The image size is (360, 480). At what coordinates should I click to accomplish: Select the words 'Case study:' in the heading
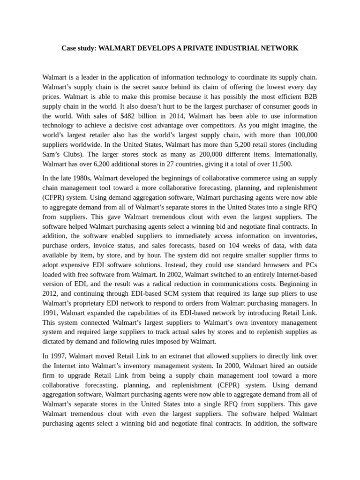[x=78, y=48]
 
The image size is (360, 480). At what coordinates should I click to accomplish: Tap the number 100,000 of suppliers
[x=304, y=135]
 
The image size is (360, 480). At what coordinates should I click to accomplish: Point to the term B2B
[x=309, y=96]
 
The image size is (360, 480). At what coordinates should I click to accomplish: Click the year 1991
[x=51, y=313]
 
